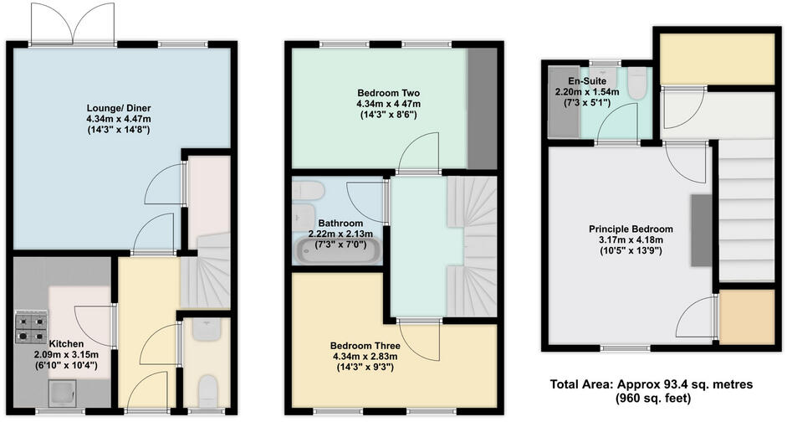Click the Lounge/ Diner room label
pyautogui.click(x=123, y=109)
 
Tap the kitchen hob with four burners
pyautogui.click(x=31, y=328)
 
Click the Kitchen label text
pyautogui.click(x=65, y=344)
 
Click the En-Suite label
pyautogui.click(x=586, y=81)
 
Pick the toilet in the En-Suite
pyautogui.click(x=637, y=84)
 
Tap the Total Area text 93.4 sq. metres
pyautogui.click(x=652, y=384)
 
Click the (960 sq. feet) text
pyautogui.click(x=652, y=399)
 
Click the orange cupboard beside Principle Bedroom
pyautogui.click(x=737, y=318)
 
